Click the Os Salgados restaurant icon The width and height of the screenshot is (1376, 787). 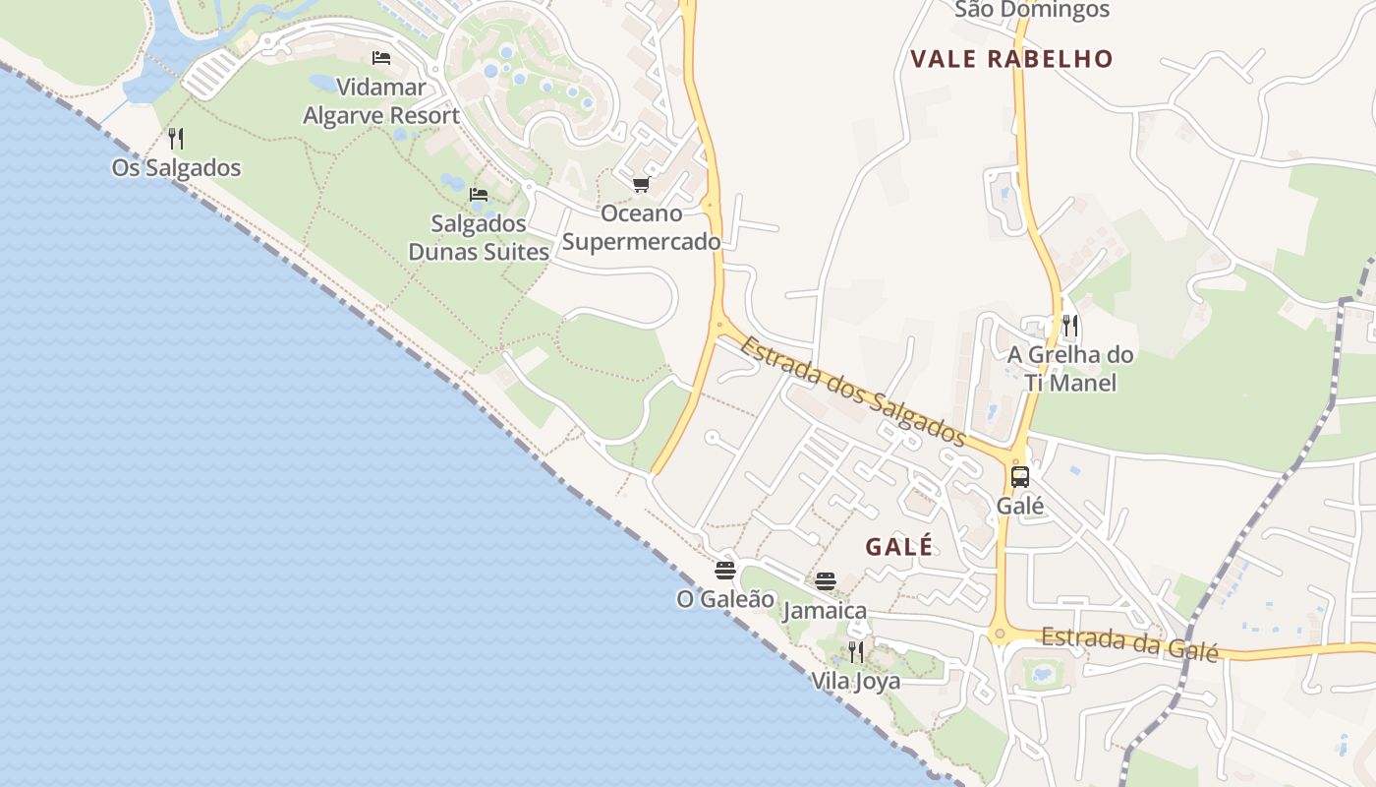tap(176, 138)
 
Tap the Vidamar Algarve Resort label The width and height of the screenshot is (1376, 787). tap(381, 101)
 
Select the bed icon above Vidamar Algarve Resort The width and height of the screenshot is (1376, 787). tap(381, 58)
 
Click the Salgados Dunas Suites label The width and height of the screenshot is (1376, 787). tap(479, 238)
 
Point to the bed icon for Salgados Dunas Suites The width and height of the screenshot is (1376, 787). tap(479, 194)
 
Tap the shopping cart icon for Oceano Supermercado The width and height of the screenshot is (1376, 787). tap(641, 185)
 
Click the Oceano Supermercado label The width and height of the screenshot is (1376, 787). tap(641, 227)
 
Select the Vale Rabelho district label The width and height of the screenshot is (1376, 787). tap(1011, 59)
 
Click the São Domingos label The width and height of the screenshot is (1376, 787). tap(1032, 10)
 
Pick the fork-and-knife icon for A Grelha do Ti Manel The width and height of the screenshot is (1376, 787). tap(1070, 325)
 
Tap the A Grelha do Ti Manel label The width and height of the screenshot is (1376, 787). tap(1070, 368)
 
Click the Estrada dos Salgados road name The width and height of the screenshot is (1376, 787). tap(853, 391)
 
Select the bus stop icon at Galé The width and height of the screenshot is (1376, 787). tap(1020, 477)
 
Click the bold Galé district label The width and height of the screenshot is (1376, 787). tap(899, 547)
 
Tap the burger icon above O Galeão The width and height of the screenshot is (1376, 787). tap(725, 570)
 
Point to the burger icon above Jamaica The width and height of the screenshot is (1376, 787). tap(826, 581)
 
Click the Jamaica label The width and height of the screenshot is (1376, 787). tap(826, 611)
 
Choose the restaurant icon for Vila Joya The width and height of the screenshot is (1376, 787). tap(856, 651)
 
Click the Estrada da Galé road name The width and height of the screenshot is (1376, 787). tap(1129, 643)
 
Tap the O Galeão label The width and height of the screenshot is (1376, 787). tap(725, 598)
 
